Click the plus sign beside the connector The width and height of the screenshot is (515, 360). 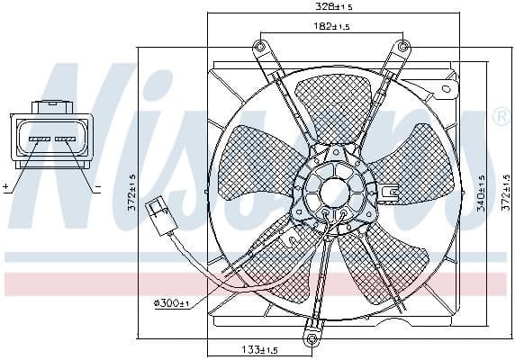[x=5, y=187]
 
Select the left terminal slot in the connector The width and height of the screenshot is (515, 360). [x=39, y=139]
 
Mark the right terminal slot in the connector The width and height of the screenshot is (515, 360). [x=66, y=139]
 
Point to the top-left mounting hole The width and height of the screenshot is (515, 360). [x=260, y=47]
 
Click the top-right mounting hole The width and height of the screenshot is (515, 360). [x=401, y=47]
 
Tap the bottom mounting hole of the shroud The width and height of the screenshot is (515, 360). [x=312, y=338]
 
